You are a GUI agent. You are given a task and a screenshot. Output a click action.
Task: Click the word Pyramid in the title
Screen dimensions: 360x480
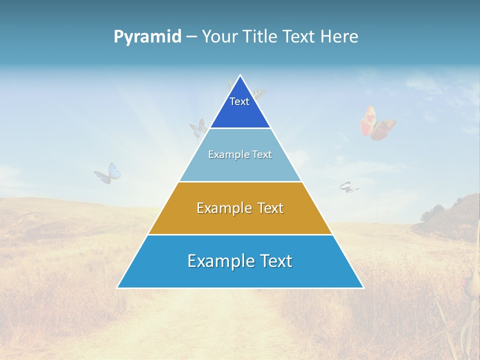147,36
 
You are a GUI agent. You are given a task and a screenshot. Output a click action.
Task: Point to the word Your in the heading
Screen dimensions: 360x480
219,36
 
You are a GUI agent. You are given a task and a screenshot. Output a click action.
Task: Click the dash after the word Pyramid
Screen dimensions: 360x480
191,37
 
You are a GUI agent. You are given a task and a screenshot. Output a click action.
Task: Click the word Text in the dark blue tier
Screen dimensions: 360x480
239,101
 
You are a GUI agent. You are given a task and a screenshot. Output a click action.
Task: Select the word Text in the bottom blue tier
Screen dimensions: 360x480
274,261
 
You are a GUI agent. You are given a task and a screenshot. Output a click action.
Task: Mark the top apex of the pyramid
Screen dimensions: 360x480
240,75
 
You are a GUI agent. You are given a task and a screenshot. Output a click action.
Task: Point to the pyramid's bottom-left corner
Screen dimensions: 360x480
117,287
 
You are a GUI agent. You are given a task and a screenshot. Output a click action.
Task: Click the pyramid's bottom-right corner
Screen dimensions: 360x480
363,287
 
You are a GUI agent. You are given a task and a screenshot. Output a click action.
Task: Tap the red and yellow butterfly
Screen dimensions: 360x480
377,123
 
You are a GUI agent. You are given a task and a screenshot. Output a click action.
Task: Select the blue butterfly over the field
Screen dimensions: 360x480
108,173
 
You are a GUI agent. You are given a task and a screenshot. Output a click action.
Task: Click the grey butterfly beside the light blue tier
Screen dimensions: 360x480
198,128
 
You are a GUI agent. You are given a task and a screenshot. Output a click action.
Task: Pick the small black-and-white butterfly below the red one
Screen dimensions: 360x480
348,187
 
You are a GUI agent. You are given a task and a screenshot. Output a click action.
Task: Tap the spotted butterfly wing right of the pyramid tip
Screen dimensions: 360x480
258,93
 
